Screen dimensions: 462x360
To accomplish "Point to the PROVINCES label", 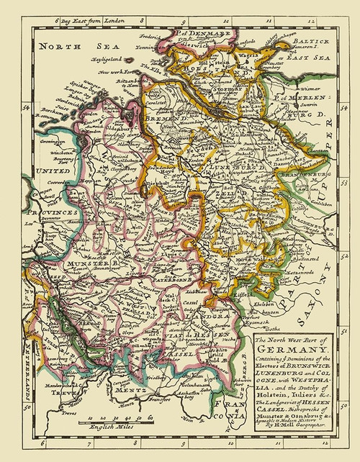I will [x=53, y=214].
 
